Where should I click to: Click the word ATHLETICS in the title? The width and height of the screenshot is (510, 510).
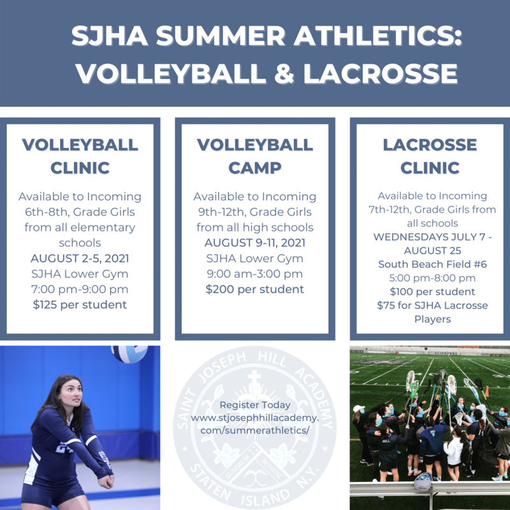pyautogui.click(x=377, y=35)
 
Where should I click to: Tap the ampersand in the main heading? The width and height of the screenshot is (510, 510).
pyautogui.click(x=284, y=73)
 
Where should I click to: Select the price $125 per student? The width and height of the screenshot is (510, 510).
pyautogui.click(x=80, y=305)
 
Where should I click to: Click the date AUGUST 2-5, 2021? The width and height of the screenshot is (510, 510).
pyautogui.click(x=80, y=259)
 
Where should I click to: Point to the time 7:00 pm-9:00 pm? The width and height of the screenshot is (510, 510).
pyautogui.click(x=80, y=289)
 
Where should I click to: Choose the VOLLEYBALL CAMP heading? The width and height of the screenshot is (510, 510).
pyautogui.click(x=255, y=156)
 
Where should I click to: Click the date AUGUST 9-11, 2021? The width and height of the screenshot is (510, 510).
pyautogui.click(x=255, y=243)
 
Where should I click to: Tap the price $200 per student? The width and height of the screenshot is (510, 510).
pyautogui.click(x=255, y=289)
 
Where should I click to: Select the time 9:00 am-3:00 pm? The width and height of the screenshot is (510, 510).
pyautogui.click(x=255, y=274)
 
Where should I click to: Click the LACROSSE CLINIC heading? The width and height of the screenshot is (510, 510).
pyautogui.click(x=430, y=156)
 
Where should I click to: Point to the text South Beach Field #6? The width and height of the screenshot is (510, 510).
pyautogui.click(x=433, y=264)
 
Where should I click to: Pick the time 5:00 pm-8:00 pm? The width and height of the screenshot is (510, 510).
pyautogui.click(x=433, y=278)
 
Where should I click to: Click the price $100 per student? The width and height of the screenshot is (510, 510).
pyautogui.click(x=433, y=292)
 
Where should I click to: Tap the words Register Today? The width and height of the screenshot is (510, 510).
pyautogui.click(x=255, y=405)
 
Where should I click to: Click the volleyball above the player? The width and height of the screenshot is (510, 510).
pyautogui.click(x=129, y=354)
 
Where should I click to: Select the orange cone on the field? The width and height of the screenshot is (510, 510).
pyautogui.click(x=487, y=391)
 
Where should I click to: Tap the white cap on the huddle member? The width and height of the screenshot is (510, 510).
pyautogui.click(x=358, y=409)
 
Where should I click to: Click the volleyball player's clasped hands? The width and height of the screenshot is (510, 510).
pyautogui.click(x=106, y=481)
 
